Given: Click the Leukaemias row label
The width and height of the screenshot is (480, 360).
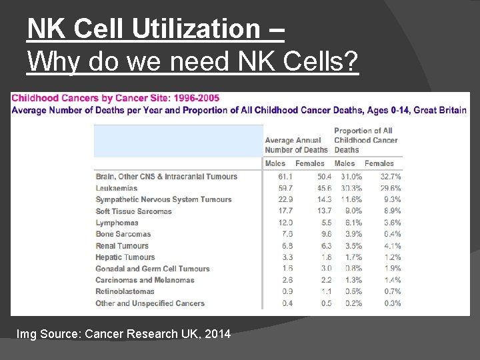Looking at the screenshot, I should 116,188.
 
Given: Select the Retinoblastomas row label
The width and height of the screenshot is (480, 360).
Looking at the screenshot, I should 125,291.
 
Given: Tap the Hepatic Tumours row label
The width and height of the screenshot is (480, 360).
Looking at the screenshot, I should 125,257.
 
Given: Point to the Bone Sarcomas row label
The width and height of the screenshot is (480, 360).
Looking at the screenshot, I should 123,234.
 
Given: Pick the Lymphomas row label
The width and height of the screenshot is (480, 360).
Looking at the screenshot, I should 117,223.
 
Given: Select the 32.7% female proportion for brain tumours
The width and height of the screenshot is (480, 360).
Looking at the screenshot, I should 390,177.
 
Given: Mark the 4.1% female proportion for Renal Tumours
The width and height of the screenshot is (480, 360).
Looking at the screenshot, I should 392,245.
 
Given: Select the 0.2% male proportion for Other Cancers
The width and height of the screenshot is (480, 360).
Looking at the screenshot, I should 353,303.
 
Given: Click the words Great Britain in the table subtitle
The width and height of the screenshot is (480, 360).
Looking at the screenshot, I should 440,110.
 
